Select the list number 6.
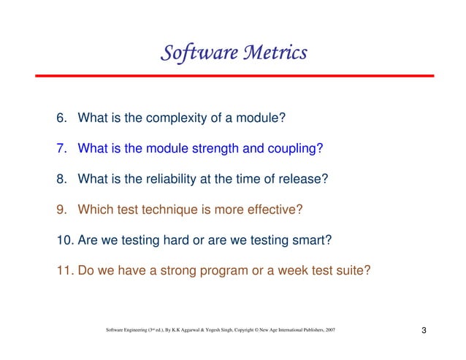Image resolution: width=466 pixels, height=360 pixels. click(61, 118)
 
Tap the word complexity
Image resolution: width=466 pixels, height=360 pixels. click(170, 118)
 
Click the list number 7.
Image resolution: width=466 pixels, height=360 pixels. click(61, 148)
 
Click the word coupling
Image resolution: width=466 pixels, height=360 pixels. click(295, 149)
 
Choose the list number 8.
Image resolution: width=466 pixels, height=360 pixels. click(61, 179)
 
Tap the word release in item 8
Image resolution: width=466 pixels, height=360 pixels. click(308, 179)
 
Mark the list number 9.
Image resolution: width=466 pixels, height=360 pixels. click(61, 210)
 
